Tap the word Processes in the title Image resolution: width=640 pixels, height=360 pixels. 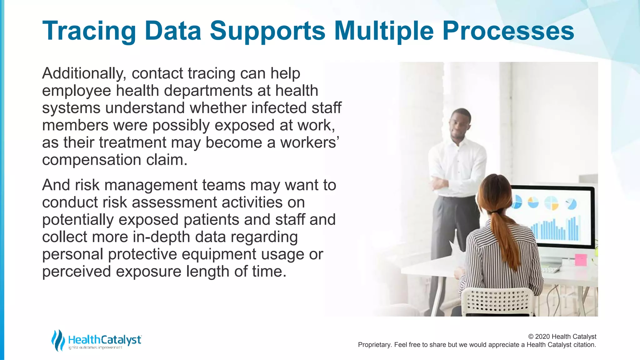point(508,31)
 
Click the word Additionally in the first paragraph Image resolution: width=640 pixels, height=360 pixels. point(84,74)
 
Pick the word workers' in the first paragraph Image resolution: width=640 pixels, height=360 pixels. point(309,143)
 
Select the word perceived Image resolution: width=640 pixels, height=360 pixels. point(76,272)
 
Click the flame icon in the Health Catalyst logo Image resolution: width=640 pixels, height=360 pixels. point(58,340)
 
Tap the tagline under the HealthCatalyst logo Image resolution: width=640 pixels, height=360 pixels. point(95,348)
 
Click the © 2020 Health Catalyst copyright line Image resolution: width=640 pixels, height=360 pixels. point(562,337)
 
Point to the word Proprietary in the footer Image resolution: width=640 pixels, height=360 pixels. point(374,345)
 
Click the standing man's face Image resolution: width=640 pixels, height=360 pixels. point(460,124)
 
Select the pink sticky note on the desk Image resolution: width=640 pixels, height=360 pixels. point(581,260)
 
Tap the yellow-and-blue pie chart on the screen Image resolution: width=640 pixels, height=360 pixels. point(551,203)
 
